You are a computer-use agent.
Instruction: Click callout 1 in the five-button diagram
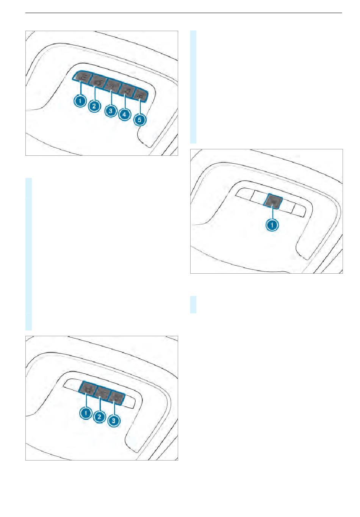80,100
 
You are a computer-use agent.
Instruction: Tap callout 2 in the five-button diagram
94,106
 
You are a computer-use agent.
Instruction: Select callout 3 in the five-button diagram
111,111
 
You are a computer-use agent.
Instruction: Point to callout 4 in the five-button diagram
124,114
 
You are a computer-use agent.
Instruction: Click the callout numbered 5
140,119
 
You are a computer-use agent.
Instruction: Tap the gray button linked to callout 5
140,95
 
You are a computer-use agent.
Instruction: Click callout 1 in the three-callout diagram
86,412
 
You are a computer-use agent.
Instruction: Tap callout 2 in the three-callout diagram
100,416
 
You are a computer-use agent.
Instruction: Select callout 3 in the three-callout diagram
114,420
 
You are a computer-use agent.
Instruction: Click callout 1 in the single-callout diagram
272,225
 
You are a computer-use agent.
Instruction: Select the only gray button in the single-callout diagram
273,201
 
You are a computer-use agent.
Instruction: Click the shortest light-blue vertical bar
193,304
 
